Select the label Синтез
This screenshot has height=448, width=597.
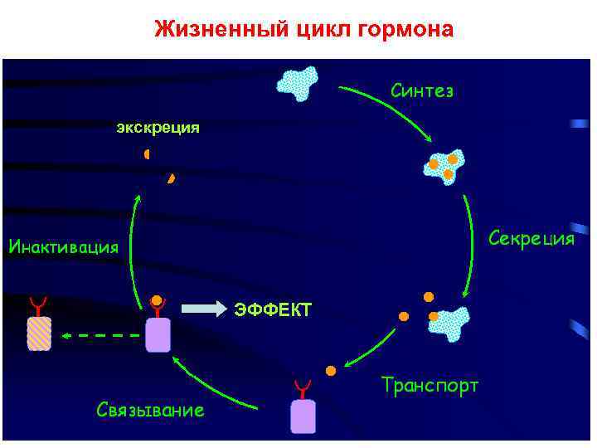422,90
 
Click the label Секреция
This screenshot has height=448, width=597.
531,239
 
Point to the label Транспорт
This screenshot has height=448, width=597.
430,385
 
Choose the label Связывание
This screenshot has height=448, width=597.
150,410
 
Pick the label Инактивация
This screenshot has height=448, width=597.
63,246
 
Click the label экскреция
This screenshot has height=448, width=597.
158,127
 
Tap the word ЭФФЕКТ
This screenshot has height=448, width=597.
272,310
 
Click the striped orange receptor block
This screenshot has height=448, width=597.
39,333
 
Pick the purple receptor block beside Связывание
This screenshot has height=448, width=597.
303,415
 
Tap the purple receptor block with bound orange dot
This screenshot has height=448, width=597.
158,334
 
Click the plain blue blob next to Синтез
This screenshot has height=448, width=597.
300,81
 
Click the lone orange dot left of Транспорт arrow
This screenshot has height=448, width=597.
330,369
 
